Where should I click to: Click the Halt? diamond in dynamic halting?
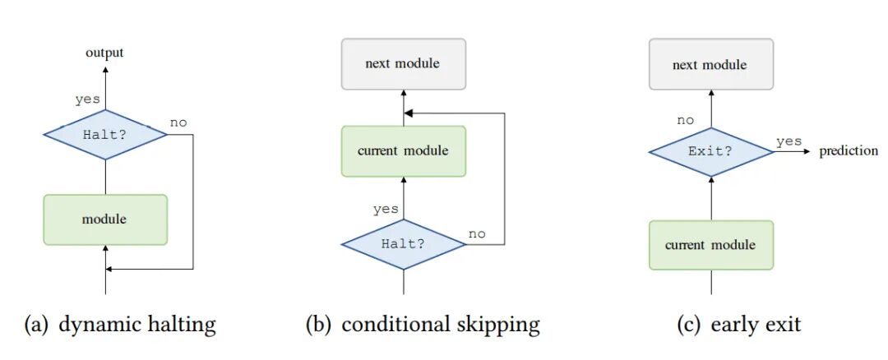tap(105, 134)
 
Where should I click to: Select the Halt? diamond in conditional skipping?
tap(403, 244)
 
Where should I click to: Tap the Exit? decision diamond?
tap(711, 152)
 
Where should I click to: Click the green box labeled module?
tap(105, 219)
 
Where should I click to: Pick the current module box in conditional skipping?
tap(403, 151)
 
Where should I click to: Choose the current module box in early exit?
tap(710, 245)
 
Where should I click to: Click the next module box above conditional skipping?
tap(403, 63)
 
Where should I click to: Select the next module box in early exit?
tap(710, 64)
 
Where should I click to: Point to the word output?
tap(104, 53)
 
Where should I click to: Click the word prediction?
tap(849, 151)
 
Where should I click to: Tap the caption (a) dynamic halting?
tap(121, 325)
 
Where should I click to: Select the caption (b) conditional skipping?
tap(423, 325)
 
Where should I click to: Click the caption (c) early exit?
tap(738, 325)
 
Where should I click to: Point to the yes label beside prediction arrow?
tap(789, 141)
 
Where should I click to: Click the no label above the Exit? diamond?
tap(685, 120)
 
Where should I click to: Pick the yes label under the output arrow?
tap(87, 99)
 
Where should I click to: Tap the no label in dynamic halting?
tap(178, 122)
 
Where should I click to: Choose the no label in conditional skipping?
tap(477, 233)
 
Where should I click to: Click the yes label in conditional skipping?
tap(386, 209)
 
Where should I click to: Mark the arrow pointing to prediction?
tap(793, 152)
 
